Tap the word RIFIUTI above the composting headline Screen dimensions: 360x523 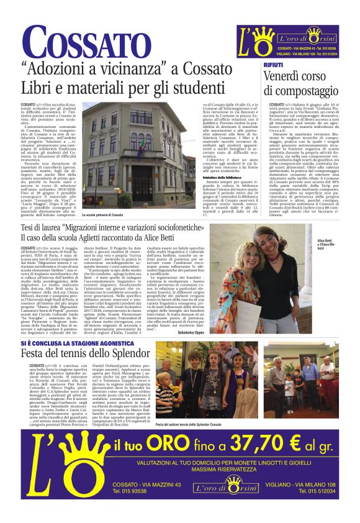(x=274, y=64)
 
